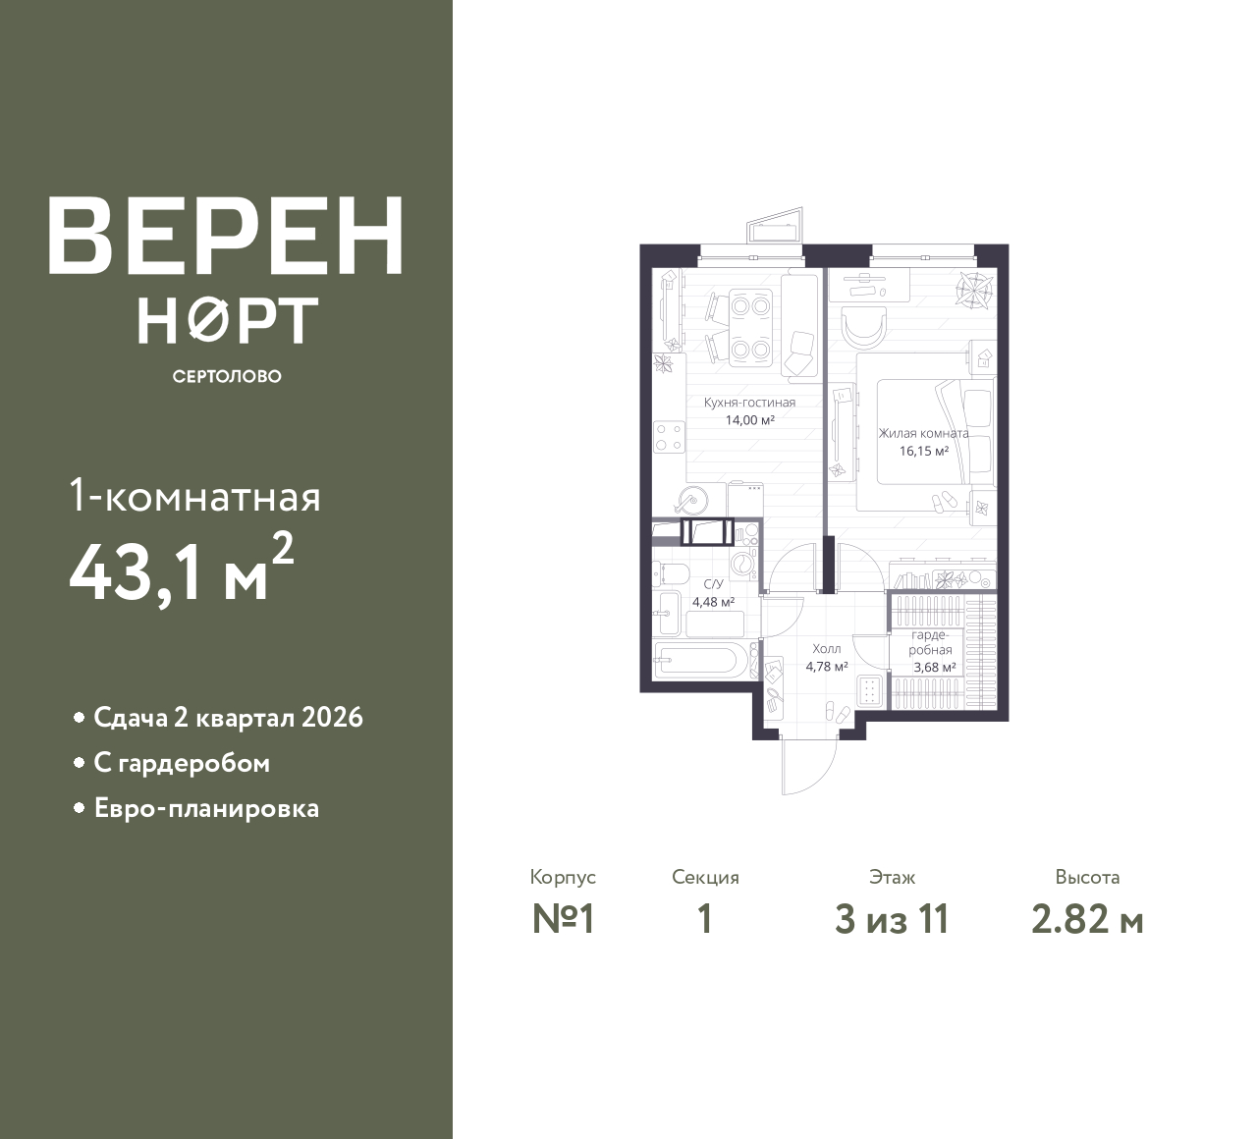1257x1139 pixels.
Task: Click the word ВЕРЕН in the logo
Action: (x=226, y=236)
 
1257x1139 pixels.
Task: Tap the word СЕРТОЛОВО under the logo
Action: (x=227, y=376)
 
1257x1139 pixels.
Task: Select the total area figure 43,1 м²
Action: (x=182, y=569)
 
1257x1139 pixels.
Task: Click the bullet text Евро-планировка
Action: (x=206, y=809)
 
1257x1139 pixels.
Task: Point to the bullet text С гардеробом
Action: (x=182, y=764)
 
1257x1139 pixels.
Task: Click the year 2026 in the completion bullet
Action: (x=332, y=718)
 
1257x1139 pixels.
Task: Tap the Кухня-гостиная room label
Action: (x=749, y=403)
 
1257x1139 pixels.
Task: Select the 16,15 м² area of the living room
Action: (x=924, y=451)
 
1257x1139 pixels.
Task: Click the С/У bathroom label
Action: (x=713, y=584)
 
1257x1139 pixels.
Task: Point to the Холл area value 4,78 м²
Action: (x=827, y=667)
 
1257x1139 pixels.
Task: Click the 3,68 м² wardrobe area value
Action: (x=934, y=668)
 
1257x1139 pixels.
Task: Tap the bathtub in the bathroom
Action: (x=700, y=660)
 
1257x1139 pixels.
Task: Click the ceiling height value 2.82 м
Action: (x=1087, y=920)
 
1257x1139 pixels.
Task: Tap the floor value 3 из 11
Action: (x=892, y=920)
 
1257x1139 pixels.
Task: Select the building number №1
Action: (x=563, y=920)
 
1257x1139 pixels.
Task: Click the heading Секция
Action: (x=705, y=878)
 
